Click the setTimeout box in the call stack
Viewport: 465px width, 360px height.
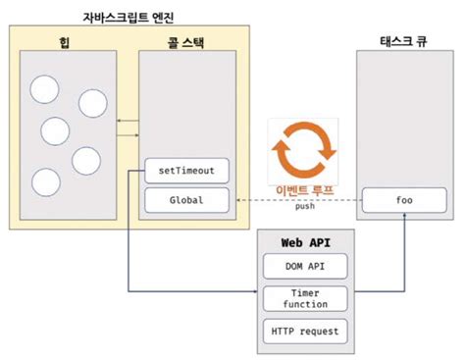coord(186,171)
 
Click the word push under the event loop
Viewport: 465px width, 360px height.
coord(304,208)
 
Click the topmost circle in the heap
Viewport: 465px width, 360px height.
coord(45,90)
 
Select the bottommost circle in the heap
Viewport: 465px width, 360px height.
coord(45,182)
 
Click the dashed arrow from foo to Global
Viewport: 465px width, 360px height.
coord(294,200)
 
